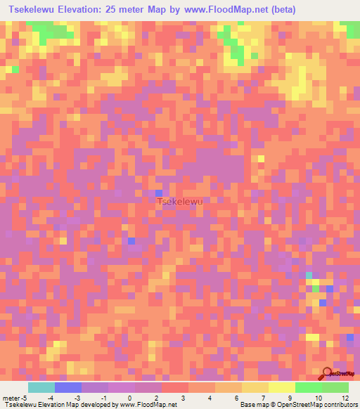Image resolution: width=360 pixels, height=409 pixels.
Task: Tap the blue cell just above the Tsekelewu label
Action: [159, 193]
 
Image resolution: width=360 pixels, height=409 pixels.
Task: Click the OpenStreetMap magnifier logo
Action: [328, 373]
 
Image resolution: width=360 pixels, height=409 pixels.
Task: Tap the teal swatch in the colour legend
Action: [41, 387]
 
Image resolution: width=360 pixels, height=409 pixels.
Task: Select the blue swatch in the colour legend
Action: [67, 387]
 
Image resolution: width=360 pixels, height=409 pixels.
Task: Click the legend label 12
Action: [345, 398]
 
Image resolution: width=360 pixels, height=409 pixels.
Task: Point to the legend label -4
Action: [50, 398]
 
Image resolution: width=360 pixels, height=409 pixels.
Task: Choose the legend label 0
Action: [130, 398]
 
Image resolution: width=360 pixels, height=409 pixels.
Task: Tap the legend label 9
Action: [290, 398]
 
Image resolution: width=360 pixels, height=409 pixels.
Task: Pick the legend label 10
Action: [317, 398]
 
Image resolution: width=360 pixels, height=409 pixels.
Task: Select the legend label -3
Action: [77, 398]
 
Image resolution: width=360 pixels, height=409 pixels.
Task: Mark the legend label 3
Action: [184, 398]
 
